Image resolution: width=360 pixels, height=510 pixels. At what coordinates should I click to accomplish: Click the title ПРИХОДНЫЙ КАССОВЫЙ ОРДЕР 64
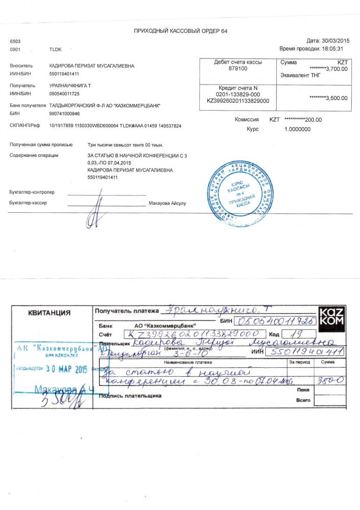[x=180, y=31]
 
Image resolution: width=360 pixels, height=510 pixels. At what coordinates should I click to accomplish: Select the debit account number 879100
[x=238, y=68]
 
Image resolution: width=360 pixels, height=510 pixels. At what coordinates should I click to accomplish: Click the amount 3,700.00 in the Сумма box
[x=331, y=69]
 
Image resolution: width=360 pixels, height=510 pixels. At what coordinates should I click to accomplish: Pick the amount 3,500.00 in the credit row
[x=331, y=98]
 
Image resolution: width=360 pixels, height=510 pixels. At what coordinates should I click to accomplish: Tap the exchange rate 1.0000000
[x=297, y=129]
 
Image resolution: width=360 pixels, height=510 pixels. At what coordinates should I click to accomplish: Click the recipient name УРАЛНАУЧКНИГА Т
[x=70, y=86]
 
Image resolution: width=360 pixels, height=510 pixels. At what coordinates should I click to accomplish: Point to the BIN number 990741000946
[x=64, y=113]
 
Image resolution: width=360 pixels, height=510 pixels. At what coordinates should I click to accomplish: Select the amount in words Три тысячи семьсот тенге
[x=125, y=145]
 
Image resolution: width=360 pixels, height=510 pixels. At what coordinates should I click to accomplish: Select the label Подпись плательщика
[x=130, y=396]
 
